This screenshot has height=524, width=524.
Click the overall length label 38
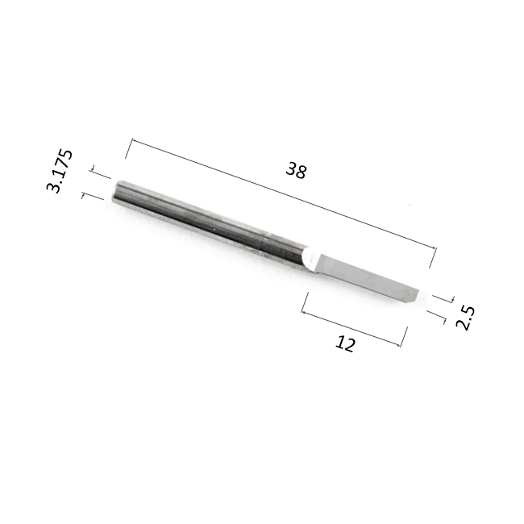tap(296, 170)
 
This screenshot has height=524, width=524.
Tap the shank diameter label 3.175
tap(59, 171)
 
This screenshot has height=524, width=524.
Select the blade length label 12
tap(345, 344)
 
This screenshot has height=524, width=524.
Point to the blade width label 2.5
tap(465, 318)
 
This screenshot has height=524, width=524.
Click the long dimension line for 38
tap(284, 193)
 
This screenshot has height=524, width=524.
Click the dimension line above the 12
tap(351, 329)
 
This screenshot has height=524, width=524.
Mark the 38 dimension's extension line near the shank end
tap(129, 148)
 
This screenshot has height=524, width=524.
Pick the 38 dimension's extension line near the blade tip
tap(433, 257)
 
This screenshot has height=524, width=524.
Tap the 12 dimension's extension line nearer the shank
tap(305, 302)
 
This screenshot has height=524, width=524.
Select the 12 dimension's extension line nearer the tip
tap(404, 337)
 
